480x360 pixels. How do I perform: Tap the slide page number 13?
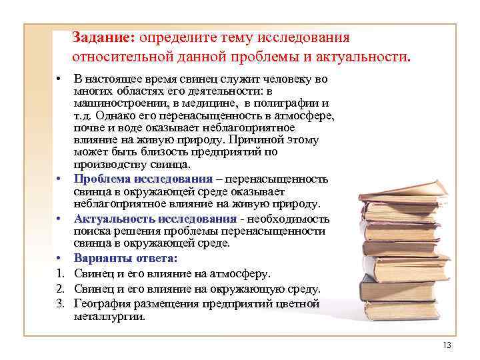click(x=447, y=344)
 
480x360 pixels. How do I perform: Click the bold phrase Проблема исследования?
click(x=143, y=179)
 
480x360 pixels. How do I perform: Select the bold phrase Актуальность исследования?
click(x=155, y=219)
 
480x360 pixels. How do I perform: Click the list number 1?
click(x=59, y=274)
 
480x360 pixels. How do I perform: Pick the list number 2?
click(x=59, y=289)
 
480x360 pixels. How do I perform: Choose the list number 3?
click(x=59, y=304)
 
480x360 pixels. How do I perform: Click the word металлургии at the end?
click(x=109, y=317)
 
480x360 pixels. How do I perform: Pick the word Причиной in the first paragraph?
click(x=256, y=140)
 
